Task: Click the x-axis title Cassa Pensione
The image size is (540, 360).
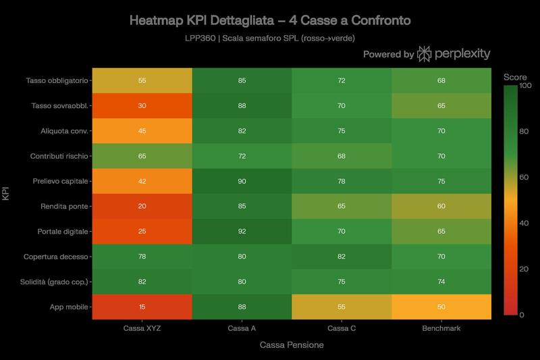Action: [x=292, y=345]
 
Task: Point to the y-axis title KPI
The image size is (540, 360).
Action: [x=7, y=192]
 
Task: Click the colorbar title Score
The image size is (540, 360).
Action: [x=515, y=77]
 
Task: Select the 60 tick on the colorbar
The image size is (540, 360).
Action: [x=522, y=176]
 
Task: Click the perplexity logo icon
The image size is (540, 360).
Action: [x=426, y=55]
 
